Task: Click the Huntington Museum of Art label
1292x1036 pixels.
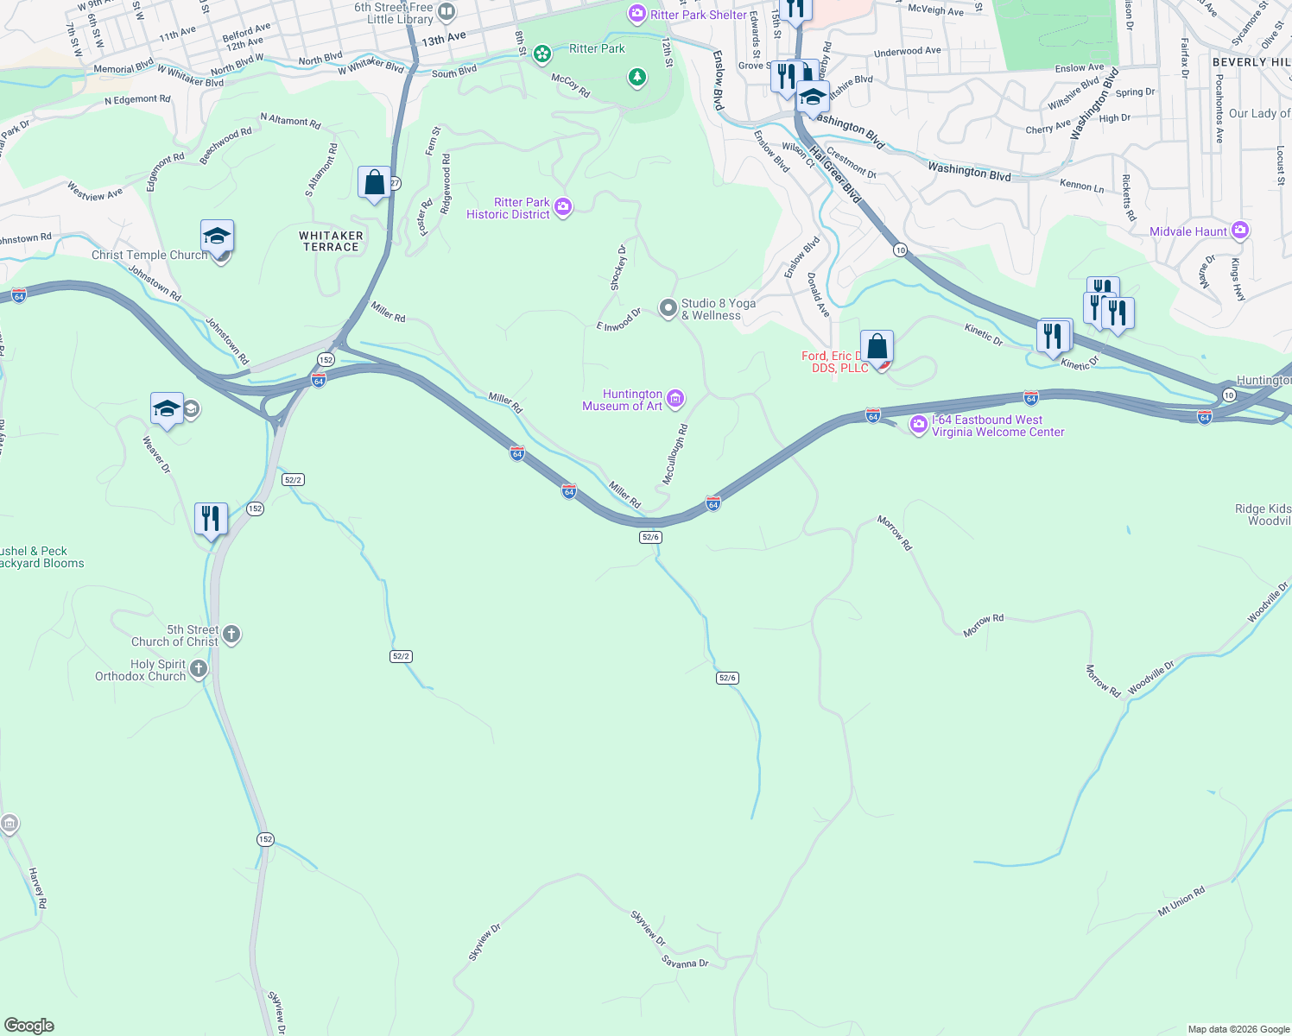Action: click(x=622, y=400)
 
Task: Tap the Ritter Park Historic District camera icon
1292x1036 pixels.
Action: click(x=563, y=206)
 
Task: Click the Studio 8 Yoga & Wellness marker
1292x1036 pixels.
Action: click(x=668, y=308)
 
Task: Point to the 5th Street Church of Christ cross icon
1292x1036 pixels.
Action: click(x=231, y=635)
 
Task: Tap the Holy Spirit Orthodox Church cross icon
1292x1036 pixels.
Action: click(x=199, y=669)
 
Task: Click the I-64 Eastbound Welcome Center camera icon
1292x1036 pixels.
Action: click(x=919, y=425)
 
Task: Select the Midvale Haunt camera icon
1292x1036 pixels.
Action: click(x=1240, y=231)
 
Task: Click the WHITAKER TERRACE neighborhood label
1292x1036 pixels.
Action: click(x=331, y=241)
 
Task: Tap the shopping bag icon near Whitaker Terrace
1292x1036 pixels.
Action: click(x=374, y=183)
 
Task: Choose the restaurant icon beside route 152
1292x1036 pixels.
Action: click(x=211, y=519)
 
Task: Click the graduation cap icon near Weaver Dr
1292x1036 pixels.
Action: click(x=167, y=409)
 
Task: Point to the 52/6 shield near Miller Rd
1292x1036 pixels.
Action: click(x=650, y=537)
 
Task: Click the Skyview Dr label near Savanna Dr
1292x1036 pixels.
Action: click(x=648, y=928)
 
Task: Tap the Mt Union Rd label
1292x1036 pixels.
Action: click(x=1181, y=901)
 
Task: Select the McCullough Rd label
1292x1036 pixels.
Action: click(x=674, y=453)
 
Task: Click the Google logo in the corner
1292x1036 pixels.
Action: click(x=28, y=1026)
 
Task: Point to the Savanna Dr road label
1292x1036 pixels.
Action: click(x=685, y=962)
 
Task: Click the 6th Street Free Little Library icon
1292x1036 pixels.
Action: click(x=446, y=12)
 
